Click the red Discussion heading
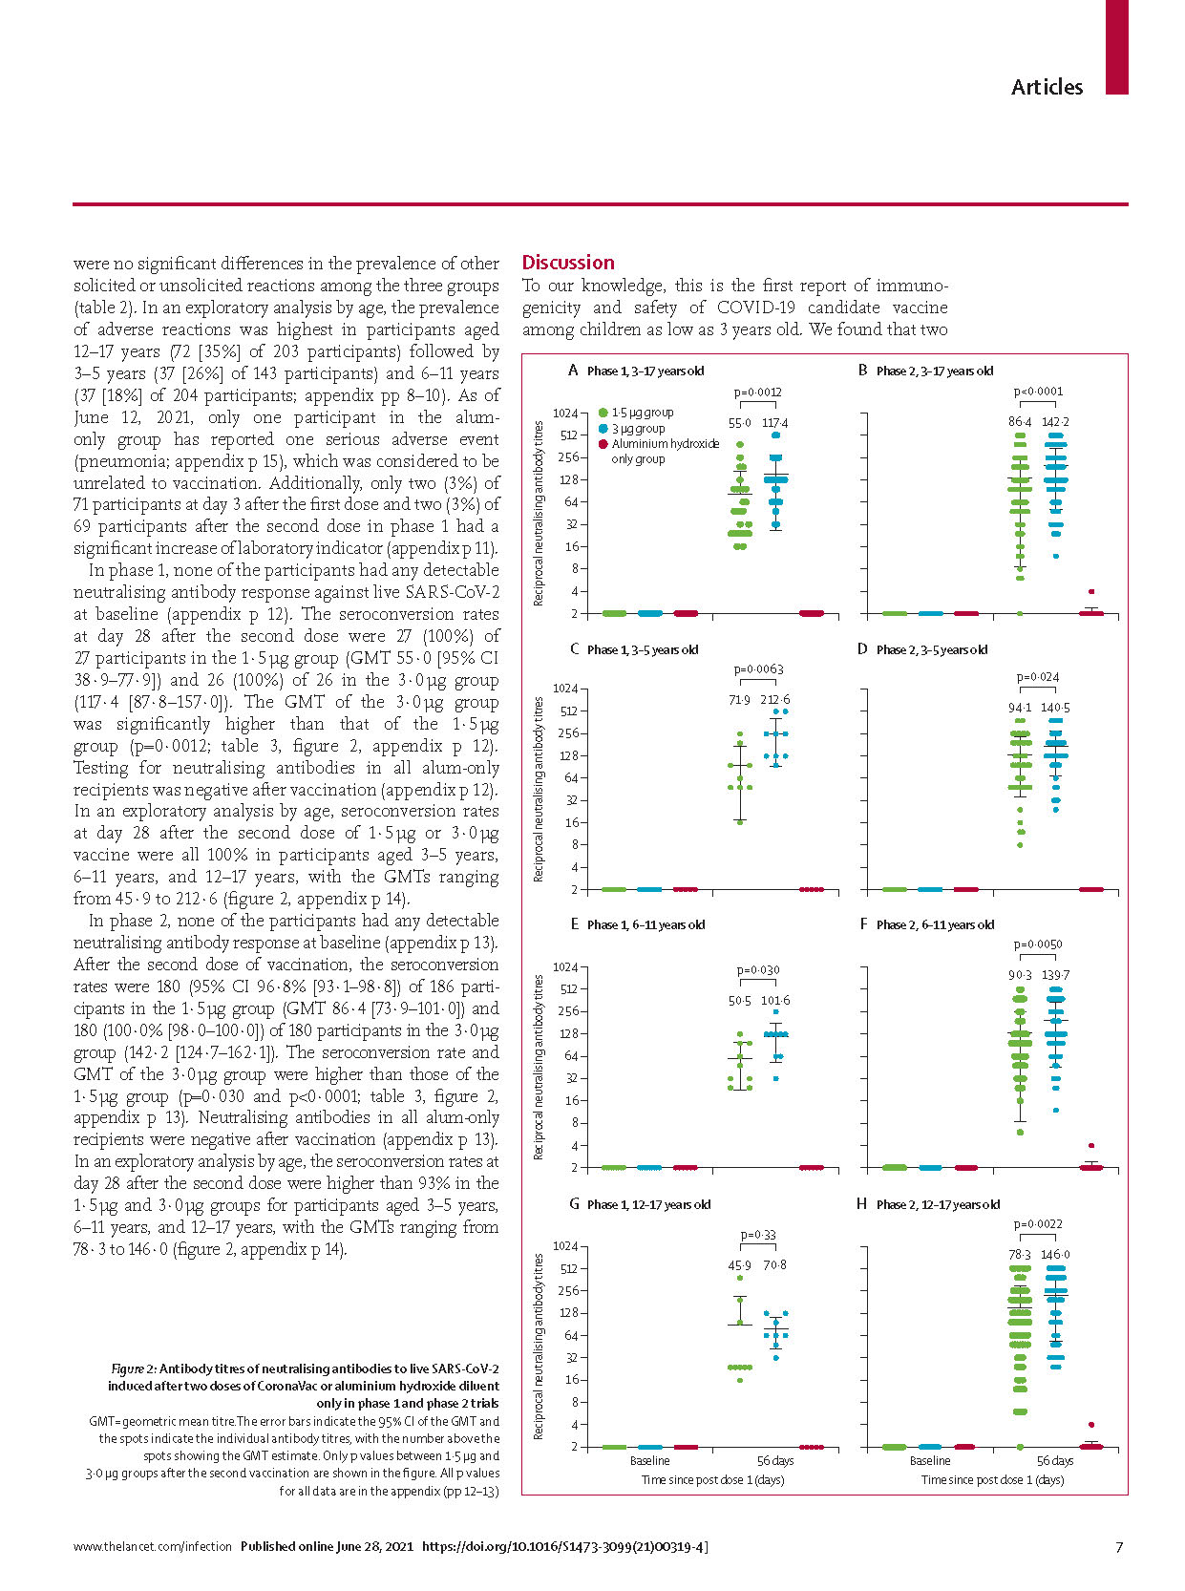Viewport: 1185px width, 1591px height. coord(567,263)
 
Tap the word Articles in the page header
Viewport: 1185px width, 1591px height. coord(1047,87)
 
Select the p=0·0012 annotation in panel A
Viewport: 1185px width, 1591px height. coord(757,392)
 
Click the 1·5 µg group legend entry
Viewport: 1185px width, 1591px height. coord(636,413)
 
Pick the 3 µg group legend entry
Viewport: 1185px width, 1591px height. coord(632,428)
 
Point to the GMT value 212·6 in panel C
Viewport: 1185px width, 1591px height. coord(775,699)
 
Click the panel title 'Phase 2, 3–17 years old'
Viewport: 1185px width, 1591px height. coord(935,371)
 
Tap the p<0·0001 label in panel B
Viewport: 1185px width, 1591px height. coord(1038,392)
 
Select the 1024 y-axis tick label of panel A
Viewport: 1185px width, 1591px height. coord(564,414)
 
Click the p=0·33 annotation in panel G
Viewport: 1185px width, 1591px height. coord(758,1235)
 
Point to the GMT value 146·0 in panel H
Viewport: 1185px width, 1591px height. coord(1055,1255)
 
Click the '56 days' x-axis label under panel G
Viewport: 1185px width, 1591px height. coord(775,1460)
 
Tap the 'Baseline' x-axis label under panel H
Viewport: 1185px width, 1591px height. coord(930,1460)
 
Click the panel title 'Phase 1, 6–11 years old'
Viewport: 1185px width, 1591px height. coord(645,924)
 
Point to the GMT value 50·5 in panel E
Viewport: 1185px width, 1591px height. coord(739,1001)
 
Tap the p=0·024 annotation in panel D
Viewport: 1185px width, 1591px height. coord(1037,676)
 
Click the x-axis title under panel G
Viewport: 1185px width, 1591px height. coord(712,1480)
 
